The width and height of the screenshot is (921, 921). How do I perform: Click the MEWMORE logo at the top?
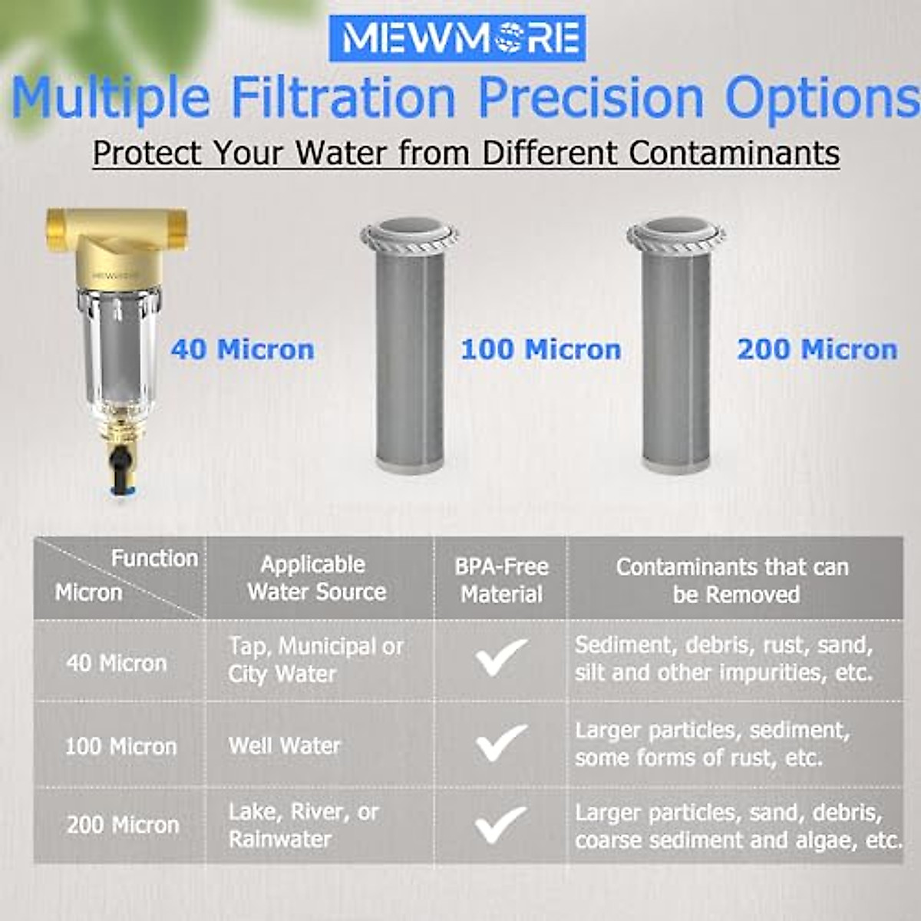[x=457, y=38]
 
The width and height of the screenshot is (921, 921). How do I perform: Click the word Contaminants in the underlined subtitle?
[x=734, y=153]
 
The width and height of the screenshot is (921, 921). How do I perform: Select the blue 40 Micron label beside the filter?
[x=243, y=350]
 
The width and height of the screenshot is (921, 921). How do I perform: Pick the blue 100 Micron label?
[x=541, y=350]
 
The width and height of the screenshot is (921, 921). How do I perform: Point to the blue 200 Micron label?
[x=817, y=350]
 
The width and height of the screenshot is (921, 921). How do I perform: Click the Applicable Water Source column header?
[x=315, y=578]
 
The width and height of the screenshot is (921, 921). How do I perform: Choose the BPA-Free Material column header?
[x=501, y=580]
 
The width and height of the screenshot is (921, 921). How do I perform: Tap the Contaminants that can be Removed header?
[x=734, y=580]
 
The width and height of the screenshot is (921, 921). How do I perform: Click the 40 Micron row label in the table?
[x=117, y=663]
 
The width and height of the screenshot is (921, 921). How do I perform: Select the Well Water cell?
[x=285, y=745]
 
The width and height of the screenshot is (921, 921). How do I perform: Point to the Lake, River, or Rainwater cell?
[x=303, y=825]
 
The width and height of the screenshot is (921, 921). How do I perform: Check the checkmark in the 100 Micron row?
[x=500, y=743]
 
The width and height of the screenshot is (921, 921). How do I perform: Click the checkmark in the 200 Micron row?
[x=500, y=824]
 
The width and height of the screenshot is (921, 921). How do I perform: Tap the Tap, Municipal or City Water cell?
[x=315, y=660]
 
